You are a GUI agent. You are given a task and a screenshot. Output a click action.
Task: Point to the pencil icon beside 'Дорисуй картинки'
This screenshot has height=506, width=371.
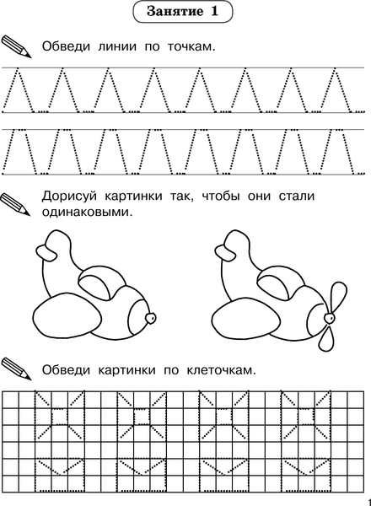point(18,203)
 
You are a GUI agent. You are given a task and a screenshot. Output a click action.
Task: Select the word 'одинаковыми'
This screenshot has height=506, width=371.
point(87,213)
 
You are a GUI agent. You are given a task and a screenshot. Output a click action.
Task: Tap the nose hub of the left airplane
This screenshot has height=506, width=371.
point(151,318)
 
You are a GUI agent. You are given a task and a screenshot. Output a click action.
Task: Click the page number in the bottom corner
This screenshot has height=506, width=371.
point(368,499)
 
